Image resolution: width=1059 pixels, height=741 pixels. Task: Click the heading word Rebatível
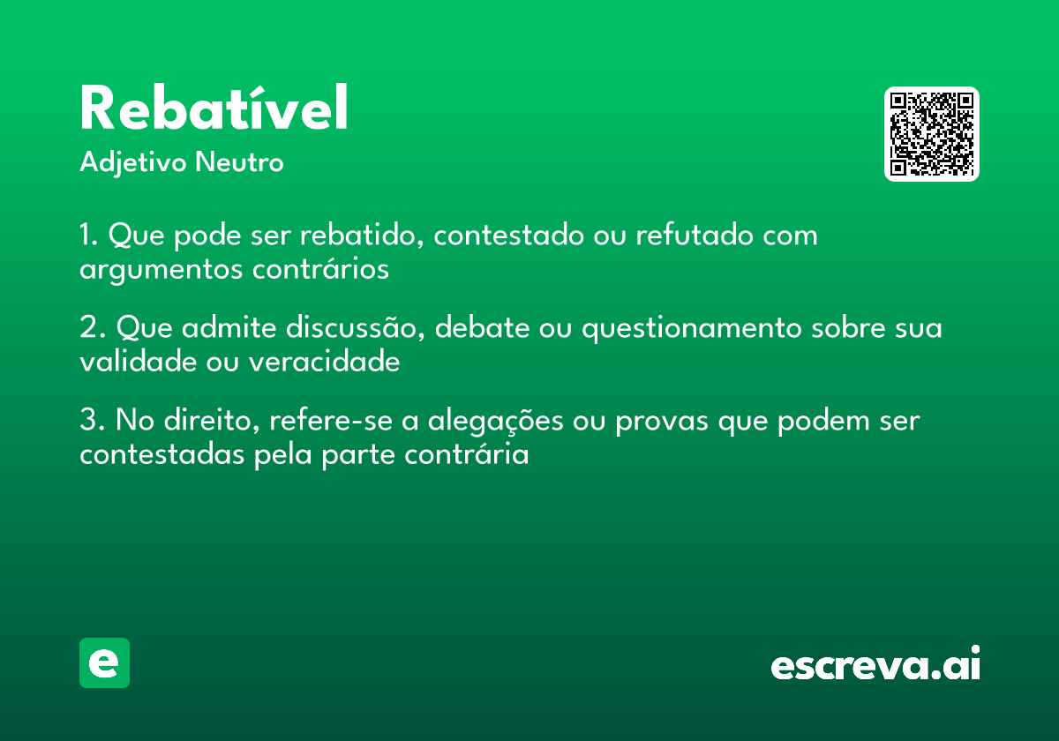(x=214, y=109)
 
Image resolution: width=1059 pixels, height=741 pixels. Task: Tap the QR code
(x=932, y=134)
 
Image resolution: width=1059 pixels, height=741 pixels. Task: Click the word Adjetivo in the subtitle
(x=133, y=163)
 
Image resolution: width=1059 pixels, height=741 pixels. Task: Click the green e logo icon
(x=104, y=662)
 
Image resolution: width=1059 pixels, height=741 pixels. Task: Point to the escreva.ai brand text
(x=875, y=665)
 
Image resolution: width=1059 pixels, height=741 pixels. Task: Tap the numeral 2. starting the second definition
(x=92, y=328)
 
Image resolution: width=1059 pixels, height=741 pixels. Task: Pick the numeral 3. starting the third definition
(x=92, y=421)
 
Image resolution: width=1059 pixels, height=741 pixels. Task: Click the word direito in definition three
(x=210, y=421)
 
